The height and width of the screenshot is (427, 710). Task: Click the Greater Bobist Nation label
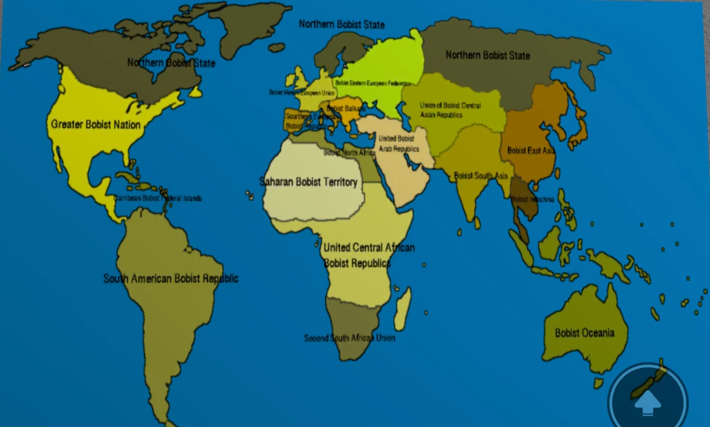96,125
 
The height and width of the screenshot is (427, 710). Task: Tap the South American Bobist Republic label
170,278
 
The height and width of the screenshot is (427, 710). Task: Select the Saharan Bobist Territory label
309,182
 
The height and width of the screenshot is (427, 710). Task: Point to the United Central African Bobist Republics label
368,255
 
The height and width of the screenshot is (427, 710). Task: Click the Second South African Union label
349,338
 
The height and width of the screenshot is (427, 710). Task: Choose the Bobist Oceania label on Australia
585,333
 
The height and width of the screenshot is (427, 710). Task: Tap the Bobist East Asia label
531,150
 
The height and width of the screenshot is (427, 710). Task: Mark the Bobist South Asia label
480,176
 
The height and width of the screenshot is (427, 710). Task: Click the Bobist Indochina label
532,200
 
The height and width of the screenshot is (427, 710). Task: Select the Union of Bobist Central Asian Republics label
450,110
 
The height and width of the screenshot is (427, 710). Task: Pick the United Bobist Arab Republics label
398,143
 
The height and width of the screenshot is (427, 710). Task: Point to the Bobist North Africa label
350,153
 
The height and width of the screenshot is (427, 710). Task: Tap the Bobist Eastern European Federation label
373,84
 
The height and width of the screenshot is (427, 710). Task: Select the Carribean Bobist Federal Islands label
157,198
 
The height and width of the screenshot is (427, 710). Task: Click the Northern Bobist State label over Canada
171,62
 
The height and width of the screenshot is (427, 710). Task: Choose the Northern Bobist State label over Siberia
488,56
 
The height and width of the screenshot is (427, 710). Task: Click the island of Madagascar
402,308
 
